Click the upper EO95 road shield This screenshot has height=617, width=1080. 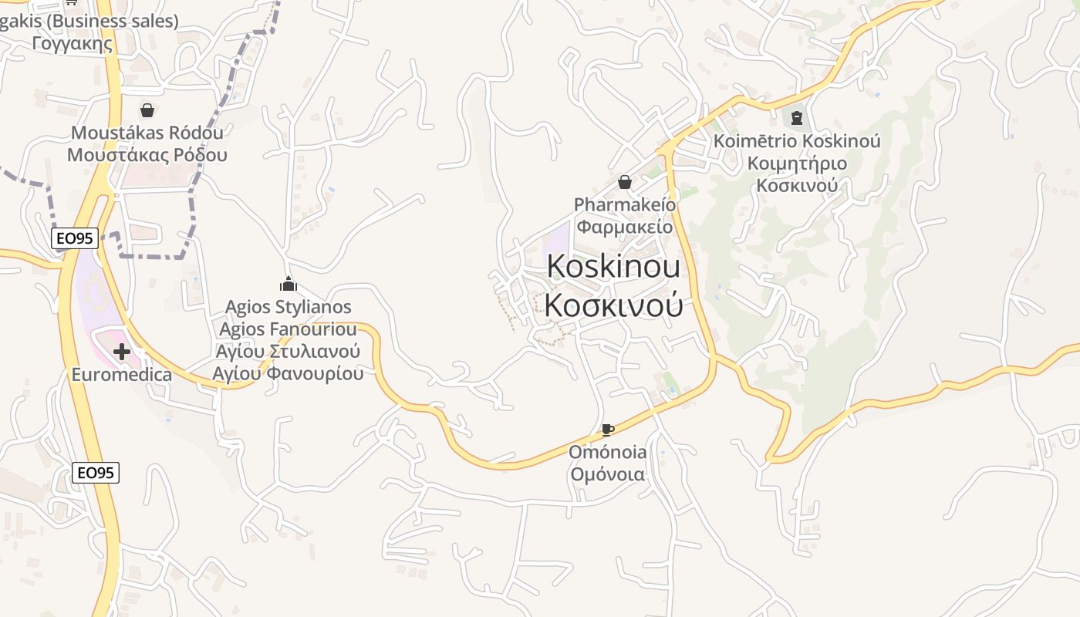coord(75,238)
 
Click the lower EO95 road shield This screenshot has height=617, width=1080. coord(96,472)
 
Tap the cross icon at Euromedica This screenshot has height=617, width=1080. coord(121,352)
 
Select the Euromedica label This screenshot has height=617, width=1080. coord(121,375)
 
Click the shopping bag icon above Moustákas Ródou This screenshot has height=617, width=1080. coord(147,110)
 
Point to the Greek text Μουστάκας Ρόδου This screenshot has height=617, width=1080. coord(147,154)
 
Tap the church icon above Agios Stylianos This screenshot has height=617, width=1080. coord(289,285)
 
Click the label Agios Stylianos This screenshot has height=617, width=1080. coord(288,307)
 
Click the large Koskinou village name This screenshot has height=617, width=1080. coord(613,267)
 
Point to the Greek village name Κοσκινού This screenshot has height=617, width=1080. coord(613,305)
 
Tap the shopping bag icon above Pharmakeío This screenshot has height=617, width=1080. coord(625,183)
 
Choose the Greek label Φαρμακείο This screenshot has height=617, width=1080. coord(625,227)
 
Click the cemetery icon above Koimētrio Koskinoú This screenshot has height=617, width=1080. coord(797,118)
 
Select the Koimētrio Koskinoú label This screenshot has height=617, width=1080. coord(797,141)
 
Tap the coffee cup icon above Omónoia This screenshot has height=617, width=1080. coord(608,430)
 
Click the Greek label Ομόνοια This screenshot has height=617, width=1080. coord(608,474)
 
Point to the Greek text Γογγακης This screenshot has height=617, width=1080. coord(73,43)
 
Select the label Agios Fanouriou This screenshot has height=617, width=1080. coord(288,329)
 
